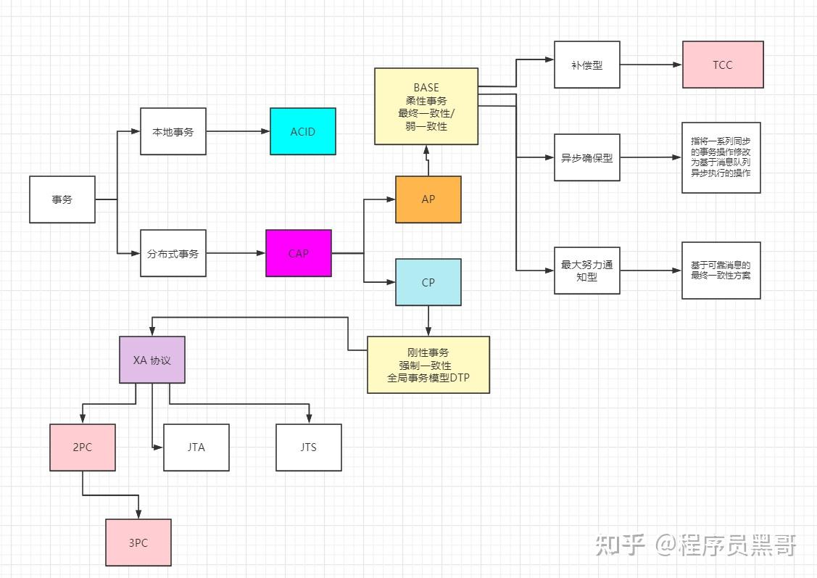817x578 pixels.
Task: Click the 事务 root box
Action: (62, 199)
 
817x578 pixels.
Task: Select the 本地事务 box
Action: (173, 131)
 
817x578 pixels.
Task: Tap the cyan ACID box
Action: (303, 131)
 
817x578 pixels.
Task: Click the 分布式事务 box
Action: (173, 253)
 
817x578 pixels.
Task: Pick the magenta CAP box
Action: (299, 253)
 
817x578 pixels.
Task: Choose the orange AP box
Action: (428, 199)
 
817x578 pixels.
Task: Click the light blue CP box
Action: (428, 282)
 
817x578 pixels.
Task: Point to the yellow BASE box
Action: (426, 107)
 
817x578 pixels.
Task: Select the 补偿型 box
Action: (586, 65)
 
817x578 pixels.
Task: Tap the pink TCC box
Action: (723, 65)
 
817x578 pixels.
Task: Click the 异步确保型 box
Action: (586, 157)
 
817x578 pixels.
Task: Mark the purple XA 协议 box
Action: (152, 360)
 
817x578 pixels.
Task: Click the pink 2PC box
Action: (83, 447)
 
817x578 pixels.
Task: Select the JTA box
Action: (196, 447)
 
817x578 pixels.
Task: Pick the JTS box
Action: (309, 447)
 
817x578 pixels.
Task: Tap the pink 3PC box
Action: (138, 542)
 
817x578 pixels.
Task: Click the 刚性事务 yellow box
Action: (428, 365)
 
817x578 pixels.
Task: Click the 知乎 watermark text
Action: (620, 545)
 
